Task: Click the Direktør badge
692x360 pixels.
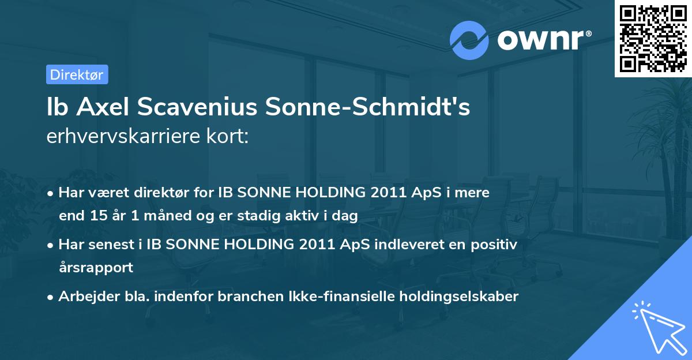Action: pos(77,74)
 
